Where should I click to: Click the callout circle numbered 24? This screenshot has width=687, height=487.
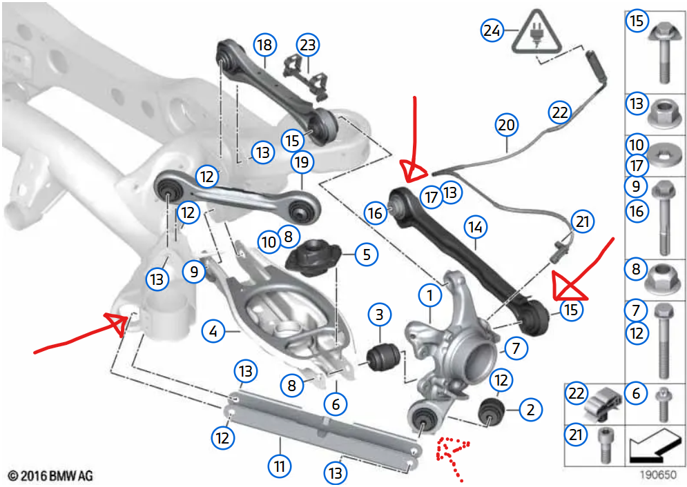tap(492, 30)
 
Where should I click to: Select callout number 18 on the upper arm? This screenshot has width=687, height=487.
tap(263, 46)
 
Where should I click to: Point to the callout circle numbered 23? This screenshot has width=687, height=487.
tap(307, 46)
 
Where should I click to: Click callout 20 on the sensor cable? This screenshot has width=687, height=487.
tap(506, 126)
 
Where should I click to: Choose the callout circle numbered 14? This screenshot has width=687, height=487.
tap(476, 227)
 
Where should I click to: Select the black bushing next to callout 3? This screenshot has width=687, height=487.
tap(383, 354)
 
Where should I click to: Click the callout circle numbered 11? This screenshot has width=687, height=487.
tap(280, 467)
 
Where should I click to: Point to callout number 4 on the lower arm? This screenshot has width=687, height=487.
tap(213, 332)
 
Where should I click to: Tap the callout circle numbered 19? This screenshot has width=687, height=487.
tap(302, 163)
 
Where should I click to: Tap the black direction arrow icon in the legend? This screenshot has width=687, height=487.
tap(655, 445)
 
